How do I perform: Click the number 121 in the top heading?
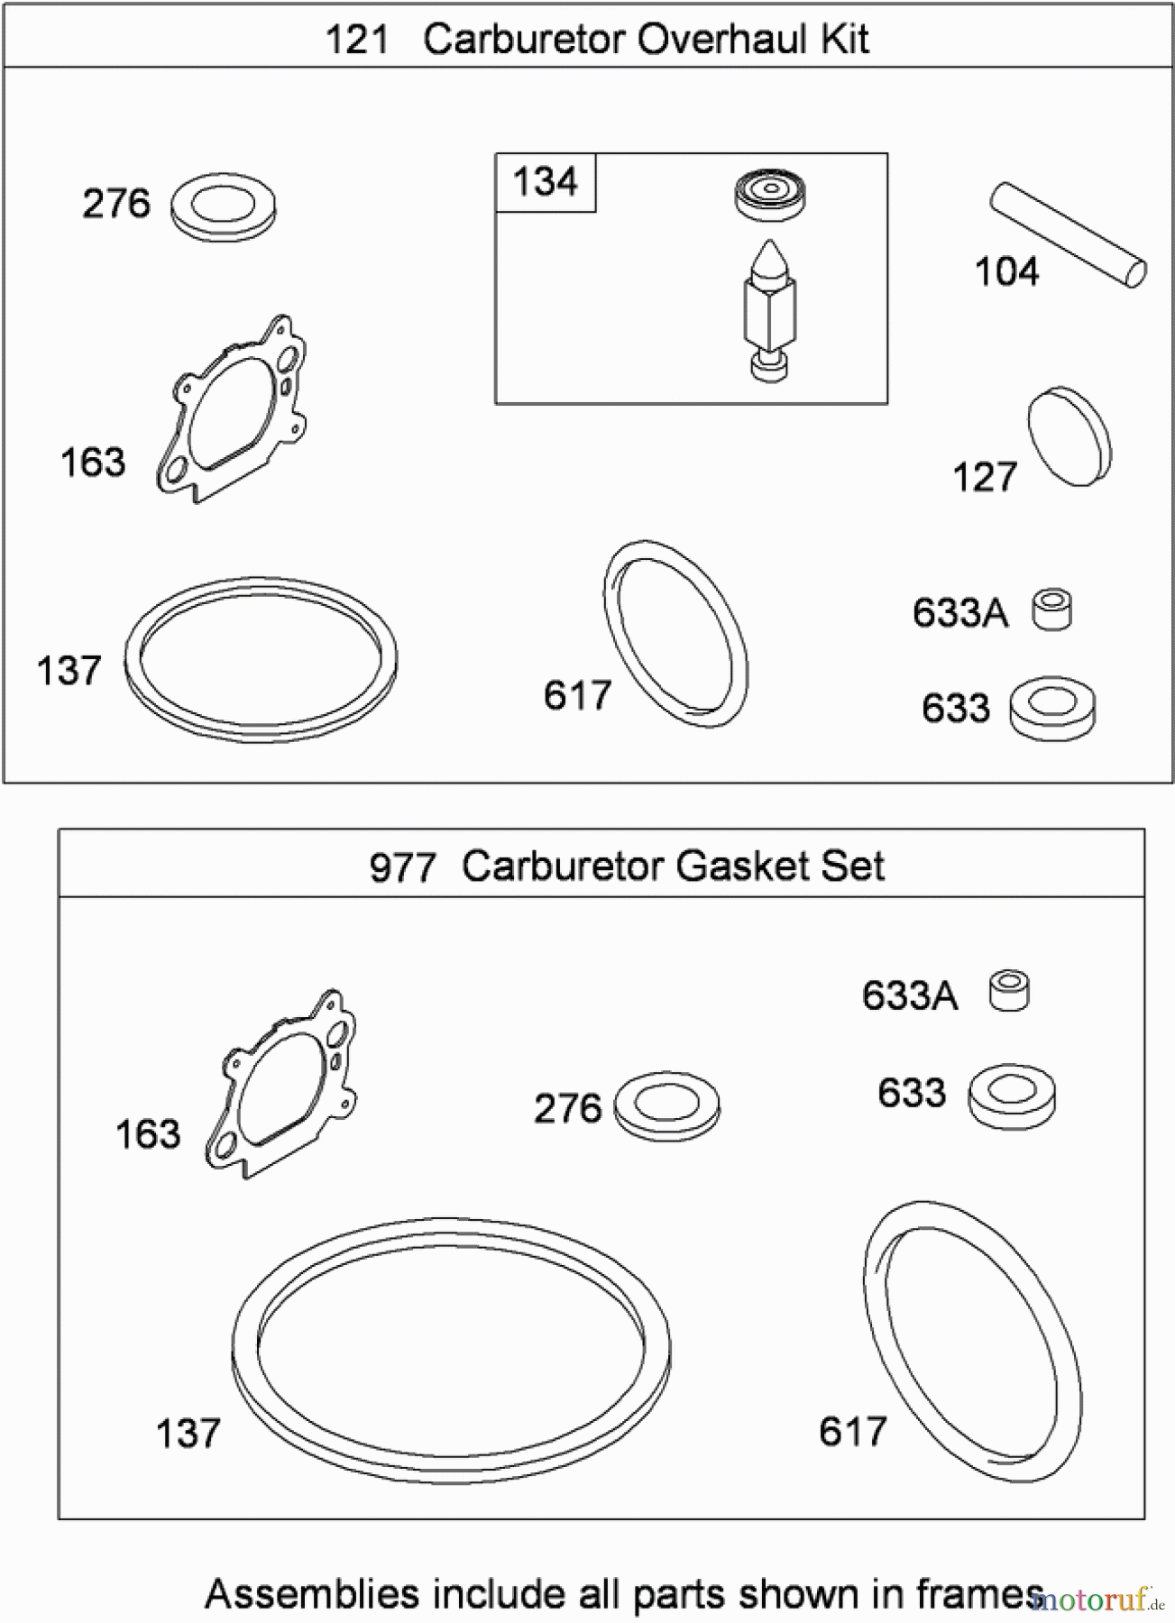(x=356, y=40)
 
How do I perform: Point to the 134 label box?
(x=545, y=182)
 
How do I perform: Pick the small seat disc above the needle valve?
(x=769, y=193)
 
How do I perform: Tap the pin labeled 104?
(x=1069, y=235)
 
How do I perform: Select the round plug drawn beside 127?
(x=1069, y=437)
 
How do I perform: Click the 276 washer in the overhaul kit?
(x=223, y=208)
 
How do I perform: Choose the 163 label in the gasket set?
(x=148, y=1134)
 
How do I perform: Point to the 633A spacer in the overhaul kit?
(x=1052, y=610)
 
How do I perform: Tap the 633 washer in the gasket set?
(x=1012, y=1096)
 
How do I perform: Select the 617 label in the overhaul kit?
(x=577, y=696)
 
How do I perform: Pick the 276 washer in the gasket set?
(x=666, y=1105)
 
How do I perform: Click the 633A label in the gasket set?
(x=909, y=996)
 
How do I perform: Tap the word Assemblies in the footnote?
(x=311, y=1595)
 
